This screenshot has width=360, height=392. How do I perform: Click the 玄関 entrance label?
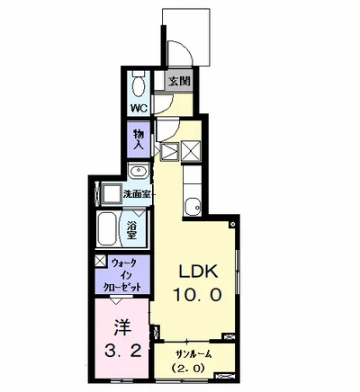coord(179,81)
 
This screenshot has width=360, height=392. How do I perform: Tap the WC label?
coord(139,107)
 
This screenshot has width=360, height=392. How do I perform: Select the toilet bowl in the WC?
coord(139,85)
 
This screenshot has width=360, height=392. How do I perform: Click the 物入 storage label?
coord(139,139)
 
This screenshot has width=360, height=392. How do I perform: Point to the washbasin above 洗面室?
coord(138,172)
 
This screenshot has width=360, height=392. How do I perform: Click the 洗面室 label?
coord(137,194)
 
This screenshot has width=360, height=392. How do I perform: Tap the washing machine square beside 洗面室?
coord(112,194)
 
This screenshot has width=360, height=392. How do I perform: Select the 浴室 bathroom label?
coord(131,230)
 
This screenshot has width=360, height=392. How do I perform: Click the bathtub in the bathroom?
coord(107,228)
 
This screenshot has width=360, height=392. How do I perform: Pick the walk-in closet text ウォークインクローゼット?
coord(122,275)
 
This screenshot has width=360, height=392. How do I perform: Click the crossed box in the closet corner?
coord(101,261)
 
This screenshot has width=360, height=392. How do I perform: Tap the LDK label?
coord(197,272)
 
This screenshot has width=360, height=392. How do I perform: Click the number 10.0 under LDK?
coord(197,295)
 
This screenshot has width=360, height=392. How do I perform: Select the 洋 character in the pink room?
coord(122,328)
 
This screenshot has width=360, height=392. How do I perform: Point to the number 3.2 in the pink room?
coord(122,350)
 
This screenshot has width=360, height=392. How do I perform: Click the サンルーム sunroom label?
coord(193,354)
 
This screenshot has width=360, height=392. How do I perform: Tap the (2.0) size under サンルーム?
coord(187,368)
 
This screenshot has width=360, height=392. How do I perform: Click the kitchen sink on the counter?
coord(193,207)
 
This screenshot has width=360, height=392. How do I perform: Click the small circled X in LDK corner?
coord(233,224)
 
